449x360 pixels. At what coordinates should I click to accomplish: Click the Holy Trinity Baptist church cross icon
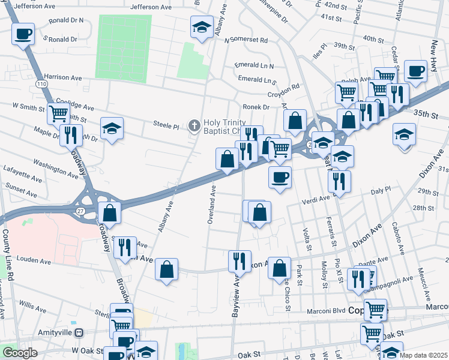(194, 125)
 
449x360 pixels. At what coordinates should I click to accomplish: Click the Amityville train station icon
(79, 332)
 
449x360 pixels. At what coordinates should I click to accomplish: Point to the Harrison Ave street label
(63, 77)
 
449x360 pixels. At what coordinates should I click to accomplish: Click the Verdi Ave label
(316, 199)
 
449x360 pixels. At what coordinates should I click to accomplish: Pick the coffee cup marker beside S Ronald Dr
(23, 34)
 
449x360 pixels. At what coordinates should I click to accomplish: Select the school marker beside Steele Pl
(112, 128)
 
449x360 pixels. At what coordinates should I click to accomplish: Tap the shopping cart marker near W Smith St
(59, 113)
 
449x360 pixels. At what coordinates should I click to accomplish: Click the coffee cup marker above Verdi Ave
(280, 178)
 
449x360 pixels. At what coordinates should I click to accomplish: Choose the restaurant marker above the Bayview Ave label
(240, 261)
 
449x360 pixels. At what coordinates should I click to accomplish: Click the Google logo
(20, 353)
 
